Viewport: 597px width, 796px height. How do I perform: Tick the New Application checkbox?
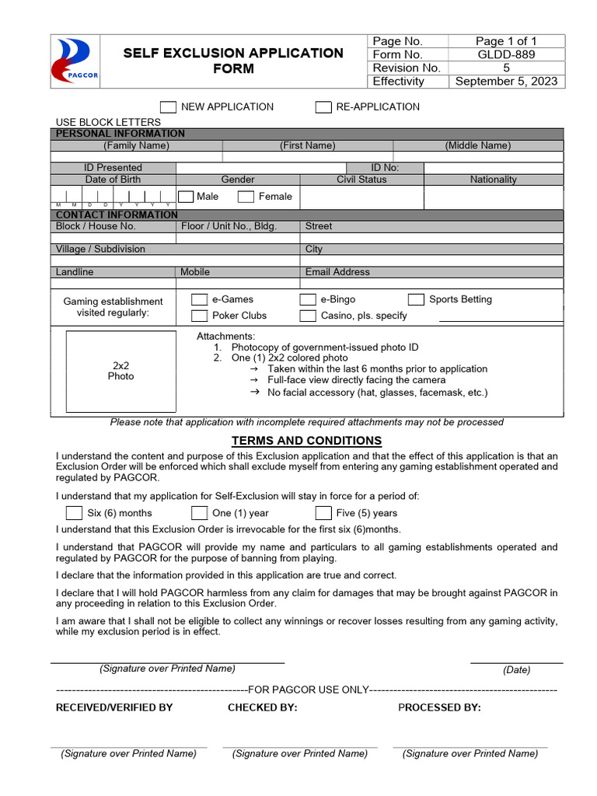pos(168,107)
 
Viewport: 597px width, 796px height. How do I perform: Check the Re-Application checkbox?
pos(323,107)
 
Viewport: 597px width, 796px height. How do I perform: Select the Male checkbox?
pos(186,197)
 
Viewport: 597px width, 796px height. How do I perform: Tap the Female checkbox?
pos(246,197)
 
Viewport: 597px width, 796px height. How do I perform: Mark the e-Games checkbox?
pos(200,300)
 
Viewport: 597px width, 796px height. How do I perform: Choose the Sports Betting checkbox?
pos(417,300)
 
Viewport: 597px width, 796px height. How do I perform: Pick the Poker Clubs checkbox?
pos(200,316)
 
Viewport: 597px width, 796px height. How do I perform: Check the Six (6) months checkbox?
pos(74,513)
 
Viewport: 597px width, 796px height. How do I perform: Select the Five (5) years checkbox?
pos(323,513)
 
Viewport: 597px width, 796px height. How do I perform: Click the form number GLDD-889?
pos(506,54)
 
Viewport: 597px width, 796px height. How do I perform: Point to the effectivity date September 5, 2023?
pos(506,81)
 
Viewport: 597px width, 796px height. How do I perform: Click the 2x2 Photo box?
pos(120,371)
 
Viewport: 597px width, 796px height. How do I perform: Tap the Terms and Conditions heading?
pos(306,441)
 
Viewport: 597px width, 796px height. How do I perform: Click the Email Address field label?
pos(337,272)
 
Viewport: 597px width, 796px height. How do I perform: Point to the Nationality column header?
pos(493,180)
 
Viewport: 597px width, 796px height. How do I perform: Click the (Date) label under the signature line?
pos(516,670)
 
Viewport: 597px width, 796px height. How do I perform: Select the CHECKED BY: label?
pos(262,707)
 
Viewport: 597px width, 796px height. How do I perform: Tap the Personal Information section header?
pos(120,134)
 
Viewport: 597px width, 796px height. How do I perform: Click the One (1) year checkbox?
pos(200,513)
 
